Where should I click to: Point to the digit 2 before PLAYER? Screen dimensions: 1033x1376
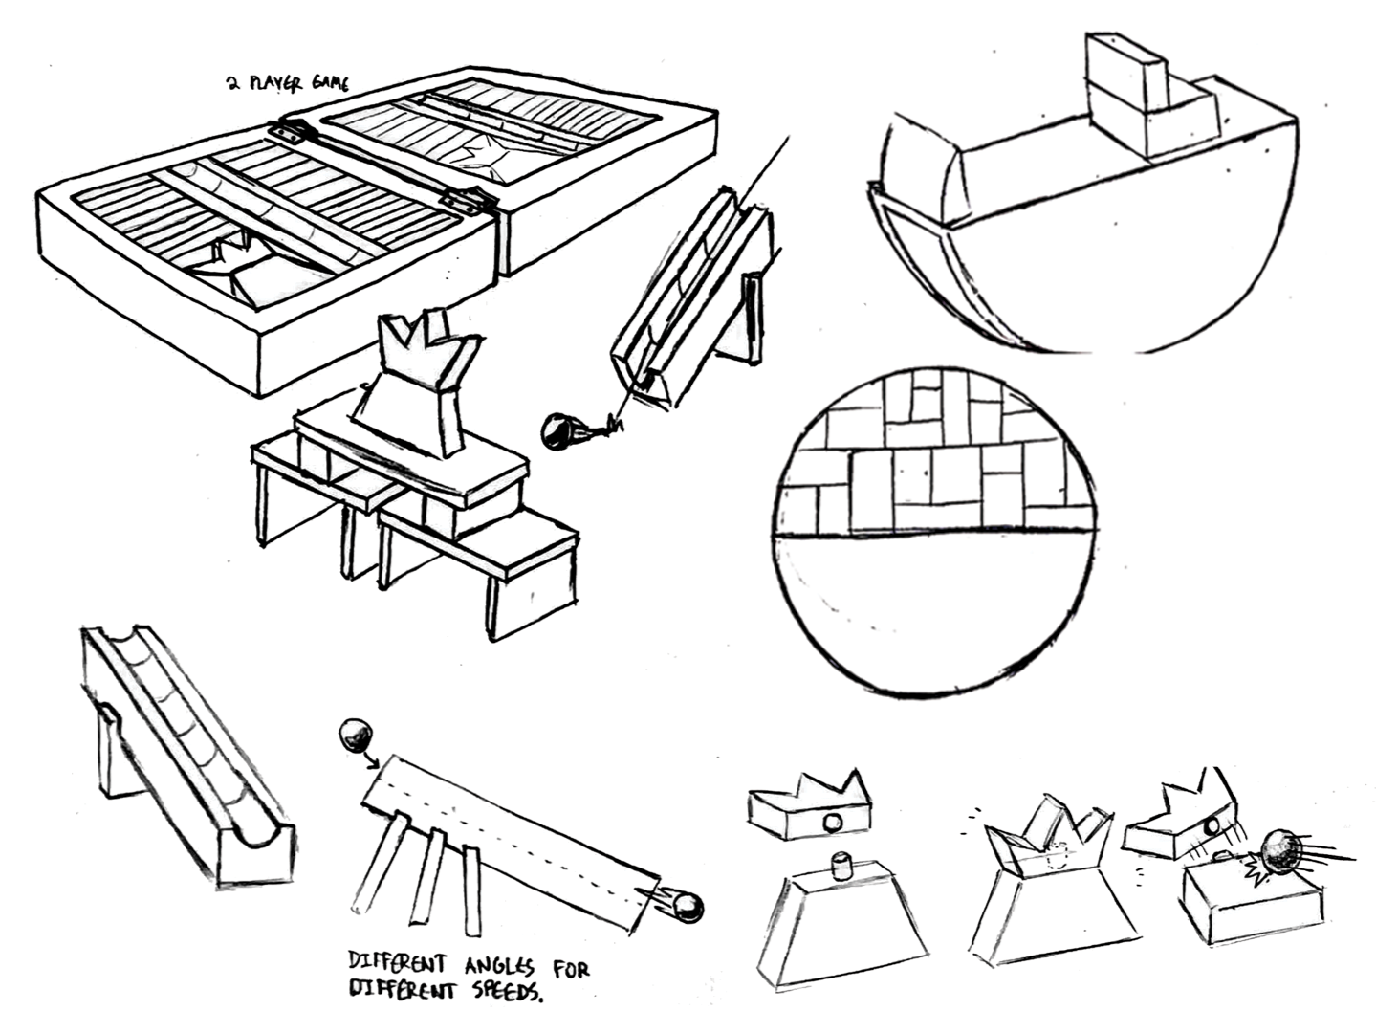(232, 84)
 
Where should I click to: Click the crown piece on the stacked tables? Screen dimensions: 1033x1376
(418, 378)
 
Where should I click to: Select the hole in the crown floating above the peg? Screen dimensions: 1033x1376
(832, 822)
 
